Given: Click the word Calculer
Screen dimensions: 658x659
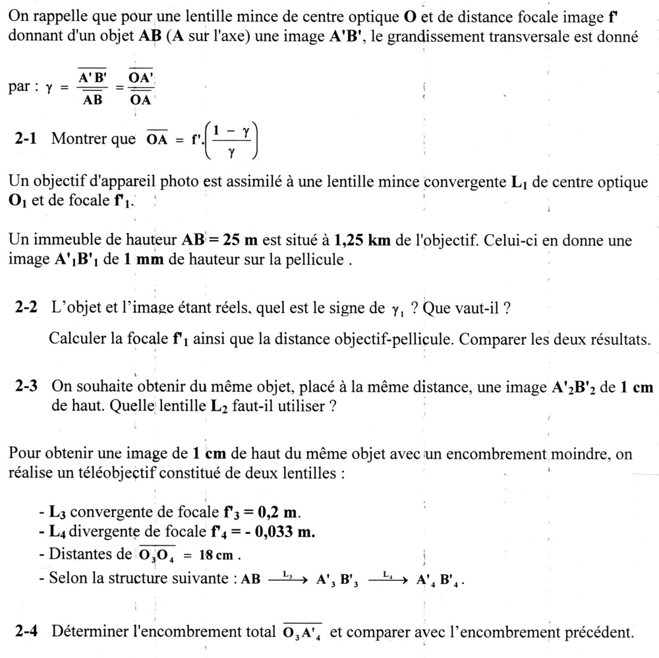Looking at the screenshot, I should tap(78, 340).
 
